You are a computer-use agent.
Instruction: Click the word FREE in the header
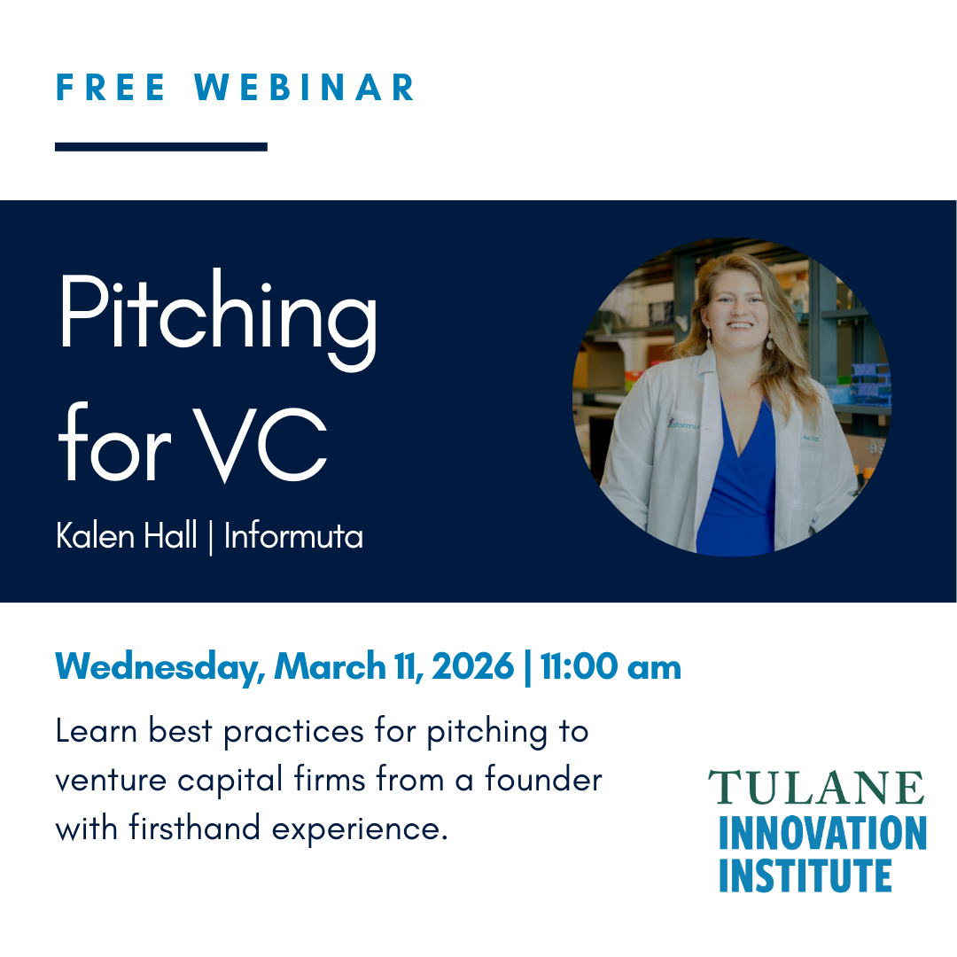point(112,88)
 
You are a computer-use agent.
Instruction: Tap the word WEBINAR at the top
point(306,88)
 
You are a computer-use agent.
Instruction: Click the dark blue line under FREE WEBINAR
point(160,147)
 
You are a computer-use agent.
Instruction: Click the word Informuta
point(293,536)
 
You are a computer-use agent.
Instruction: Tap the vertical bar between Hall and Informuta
point(210,537)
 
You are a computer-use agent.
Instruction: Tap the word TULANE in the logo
point(815,788)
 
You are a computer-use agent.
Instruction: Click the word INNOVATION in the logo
point(822,833)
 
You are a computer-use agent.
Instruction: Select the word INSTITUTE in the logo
point(805,875)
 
